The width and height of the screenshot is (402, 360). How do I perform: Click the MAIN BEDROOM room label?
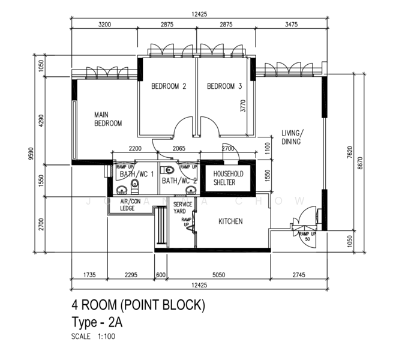[108, 119]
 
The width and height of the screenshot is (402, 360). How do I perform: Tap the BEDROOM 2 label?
[168, 86]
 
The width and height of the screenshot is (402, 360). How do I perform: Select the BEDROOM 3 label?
[224, 86]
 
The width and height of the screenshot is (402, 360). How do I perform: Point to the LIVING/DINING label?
[293, 137]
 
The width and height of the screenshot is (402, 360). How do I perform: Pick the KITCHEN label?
[230, 221]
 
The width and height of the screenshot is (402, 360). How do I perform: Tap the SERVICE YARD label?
[183, 208]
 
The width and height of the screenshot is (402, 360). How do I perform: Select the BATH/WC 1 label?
[136, 173]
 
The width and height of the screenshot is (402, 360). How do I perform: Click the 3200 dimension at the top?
[104, 25]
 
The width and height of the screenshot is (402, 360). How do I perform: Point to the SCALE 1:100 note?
[92, 336]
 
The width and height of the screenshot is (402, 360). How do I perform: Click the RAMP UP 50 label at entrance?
[307, 236]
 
